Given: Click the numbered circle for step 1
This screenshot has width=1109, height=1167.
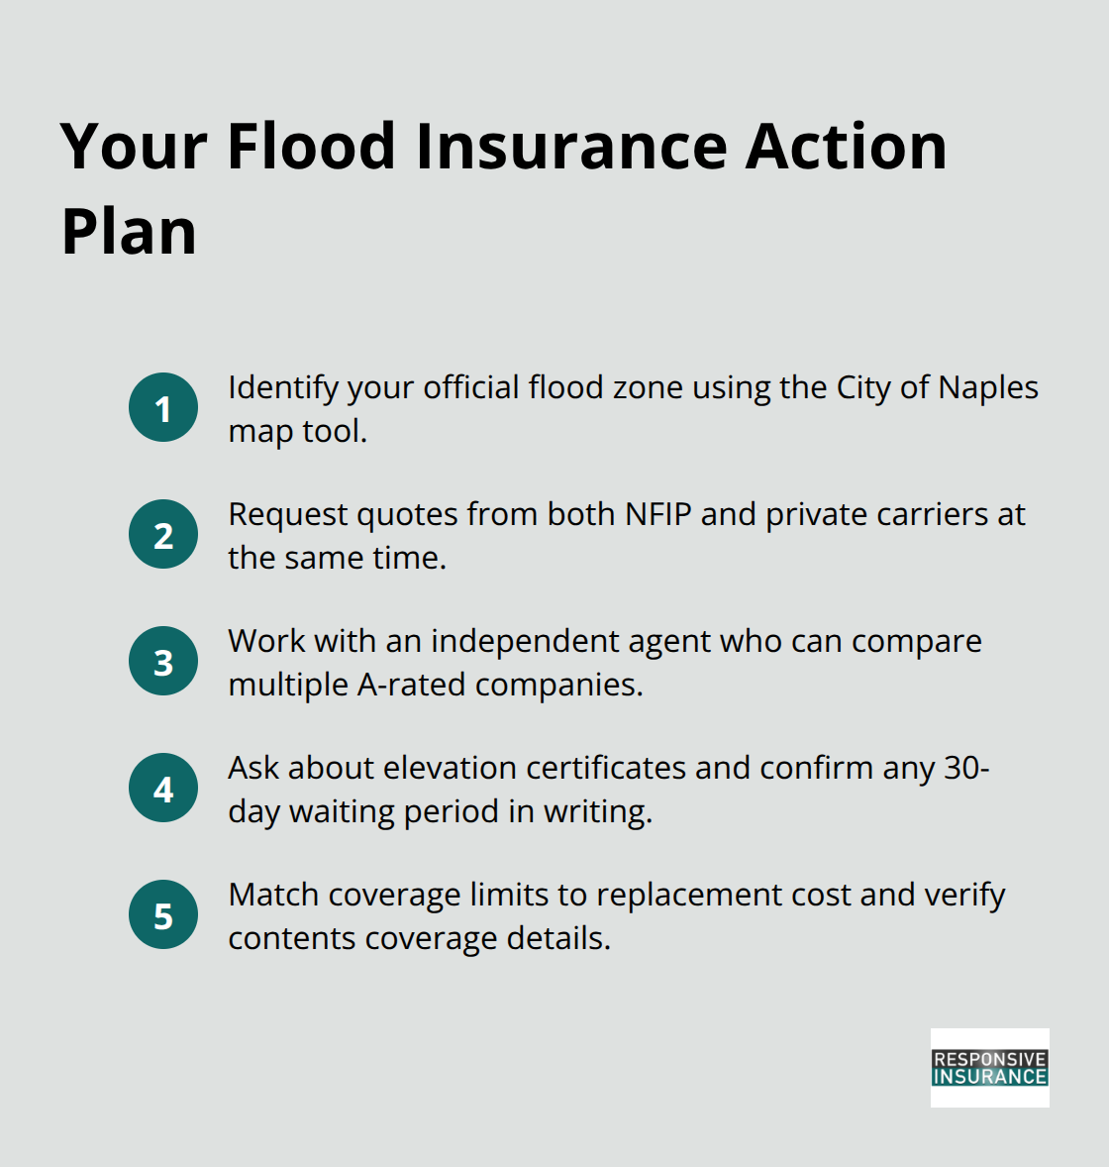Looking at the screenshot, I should pyautogui.click(x=163, y=407).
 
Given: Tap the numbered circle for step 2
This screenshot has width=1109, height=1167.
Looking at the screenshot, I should pyautogui.click(x=163, y=534).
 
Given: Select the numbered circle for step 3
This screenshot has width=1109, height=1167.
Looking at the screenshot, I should pyautogui.click(x=163, y=661).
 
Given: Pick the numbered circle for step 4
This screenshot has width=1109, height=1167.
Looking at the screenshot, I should pyautogui.click(x=163, y=788).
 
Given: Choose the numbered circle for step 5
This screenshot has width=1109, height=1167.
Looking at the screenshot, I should pyautogui.click(x=163, y=914).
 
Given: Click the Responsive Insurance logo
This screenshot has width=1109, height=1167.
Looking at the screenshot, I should pyautogui.click(x=989, y=1067).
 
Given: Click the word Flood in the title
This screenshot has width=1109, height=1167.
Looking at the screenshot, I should pyautogui.click(x=312, y=147).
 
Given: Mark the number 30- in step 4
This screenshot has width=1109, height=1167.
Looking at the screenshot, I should pyautogui.click(x=966, y=768).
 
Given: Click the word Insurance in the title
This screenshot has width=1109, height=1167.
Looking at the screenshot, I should pyautogui.click(x=571, y=147).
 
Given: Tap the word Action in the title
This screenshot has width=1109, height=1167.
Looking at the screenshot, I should pyautogui.click(x=847, y=147).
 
